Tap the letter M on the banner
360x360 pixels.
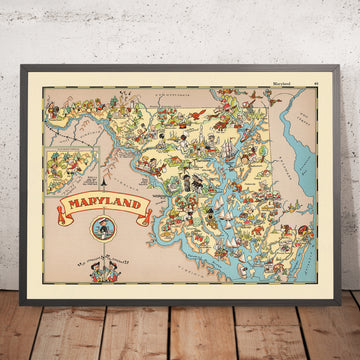tap(73, 207)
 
